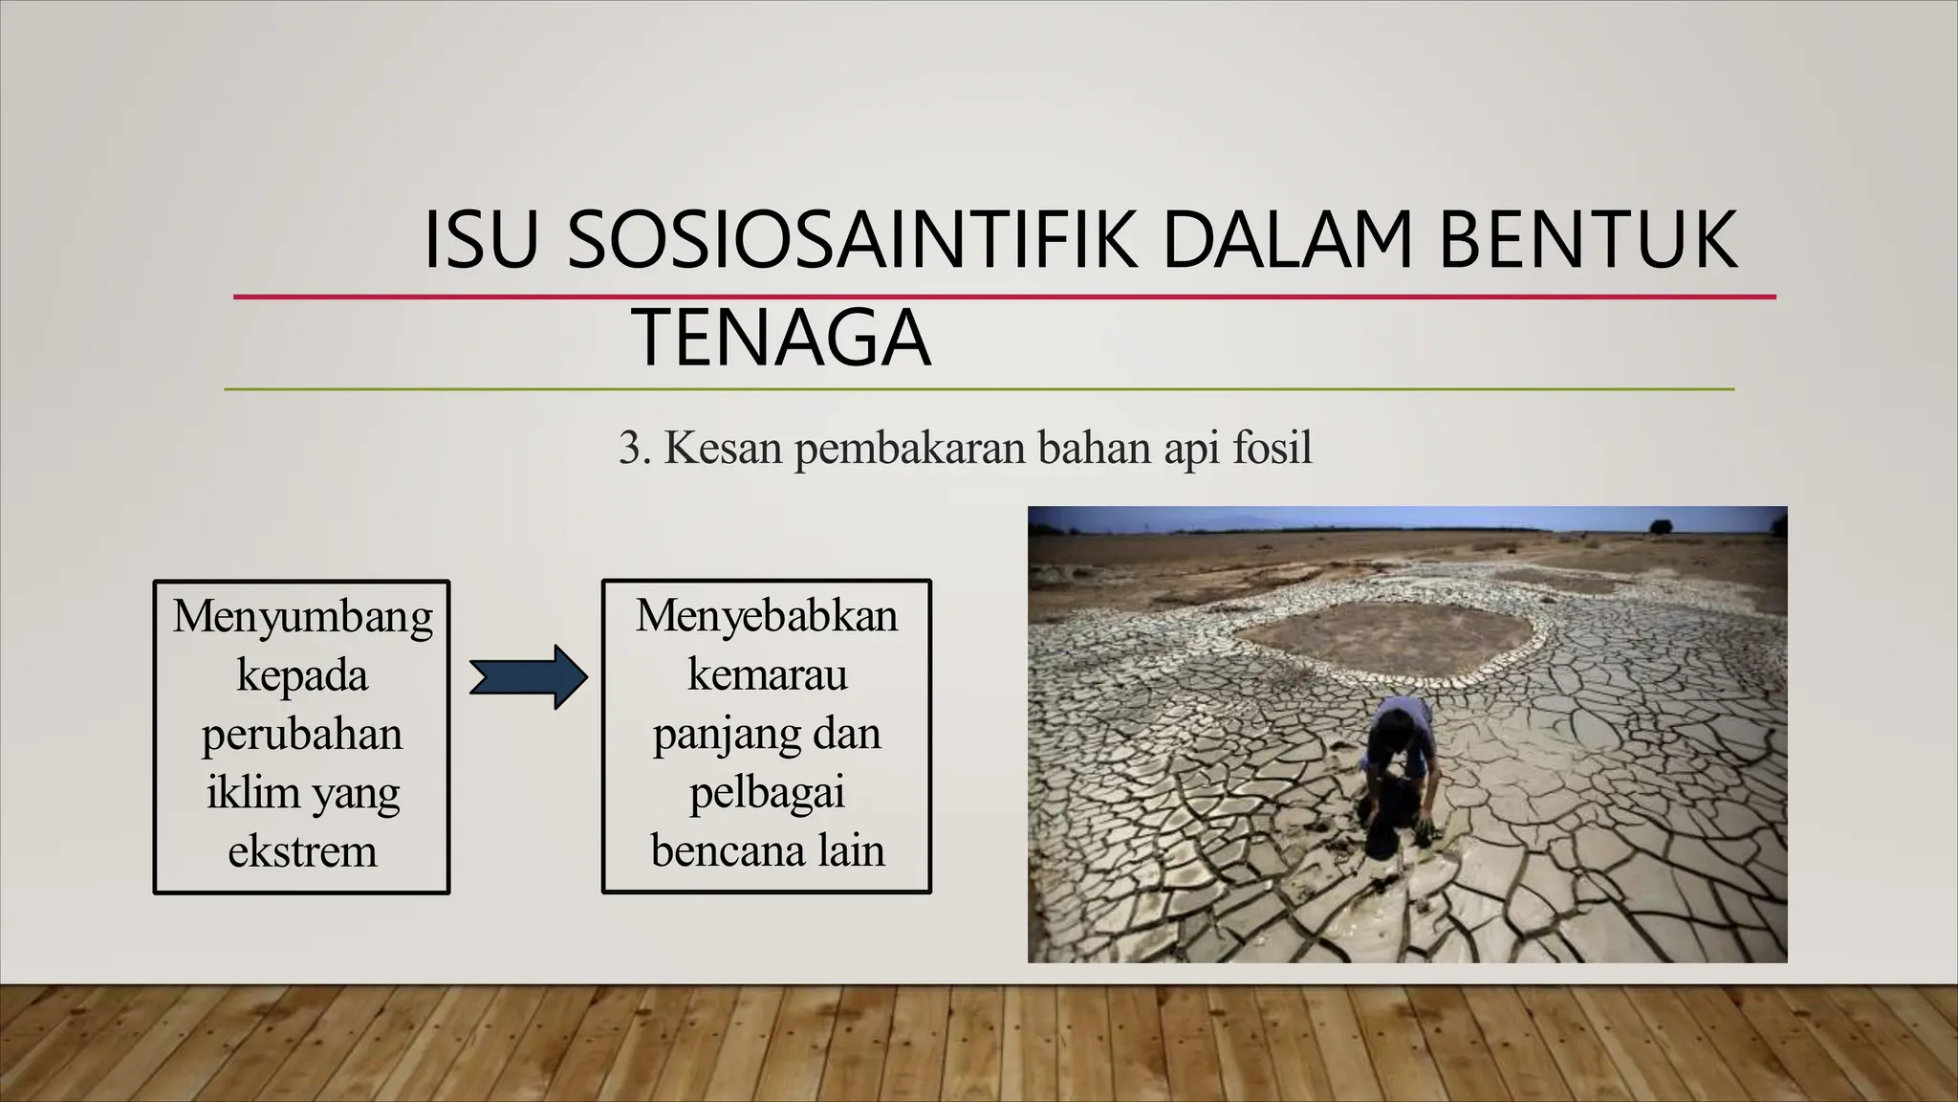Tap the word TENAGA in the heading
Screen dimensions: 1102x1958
(781, 338)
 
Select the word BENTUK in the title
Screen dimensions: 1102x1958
(1587, 240)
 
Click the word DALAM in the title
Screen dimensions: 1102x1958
(1287, 240)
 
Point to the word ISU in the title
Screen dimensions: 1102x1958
(478, 240)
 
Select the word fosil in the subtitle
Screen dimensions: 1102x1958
(1272, 448)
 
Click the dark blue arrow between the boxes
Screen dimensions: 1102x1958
(529, 677)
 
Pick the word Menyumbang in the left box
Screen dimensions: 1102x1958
(302, 618)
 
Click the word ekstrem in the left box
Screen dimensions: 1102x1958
(302, 851)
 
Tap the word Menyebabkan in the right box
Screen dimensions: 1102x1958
(767, 616)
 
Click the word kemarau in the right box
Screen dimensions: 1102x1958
(767, 674)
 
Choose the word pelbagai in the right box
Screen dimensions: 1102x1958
(767, 794)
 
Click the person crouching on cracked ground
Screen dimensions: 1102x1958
(1398, 765)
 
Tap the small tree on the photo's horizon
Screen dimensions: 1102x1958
(1661, 526)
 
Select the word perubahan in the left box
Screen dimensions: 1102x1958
(302, 735)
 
